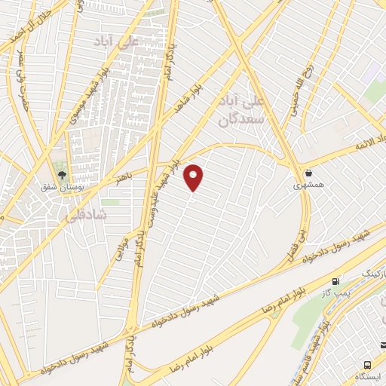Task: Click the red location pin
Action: pyautogui.click(x=195, y=177)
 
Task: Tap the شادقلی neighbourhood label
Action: pyautogui.click(x=114, y=215)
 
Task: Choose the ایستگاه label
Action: pyautogui.click(x=369, y=375)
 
